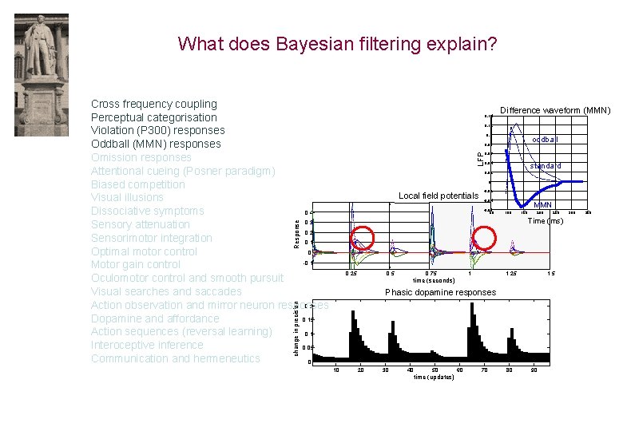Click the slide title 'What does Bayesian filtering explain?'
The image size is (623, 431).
click(337, 43)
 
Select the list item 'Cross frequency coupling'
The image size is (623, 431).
click(154, 104)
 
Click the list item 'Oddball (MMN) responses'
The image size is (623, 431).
click(156, 144)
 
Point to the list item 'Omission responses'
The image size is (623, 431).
click(141, 157)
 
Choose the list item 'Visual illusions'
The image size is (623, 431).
click(127, 197)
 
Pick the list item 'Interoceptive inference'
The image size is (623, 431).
click(147, 345)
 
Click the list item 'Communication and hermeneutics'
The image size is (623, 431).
click(176, 358)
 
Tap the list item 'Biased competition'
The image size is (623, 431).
click(137, 184)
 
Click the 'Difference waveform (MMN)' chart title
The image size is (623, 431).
click(555, 110)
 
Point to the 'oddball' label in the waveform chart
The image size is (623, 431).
click(546, 140)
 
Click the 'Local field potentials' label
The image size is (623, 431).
click(438, 196)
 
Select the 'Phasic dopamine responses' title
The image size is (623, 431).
click(440, 292)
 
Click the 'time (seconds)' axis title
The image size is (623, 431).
click(434, 281)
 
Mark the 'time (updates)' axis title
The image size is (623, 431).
click(434, 377)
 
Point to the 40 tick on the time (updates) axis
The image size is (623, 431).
click(410, 370)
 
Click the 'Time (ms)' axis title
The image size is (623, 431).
click(546, 221)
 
